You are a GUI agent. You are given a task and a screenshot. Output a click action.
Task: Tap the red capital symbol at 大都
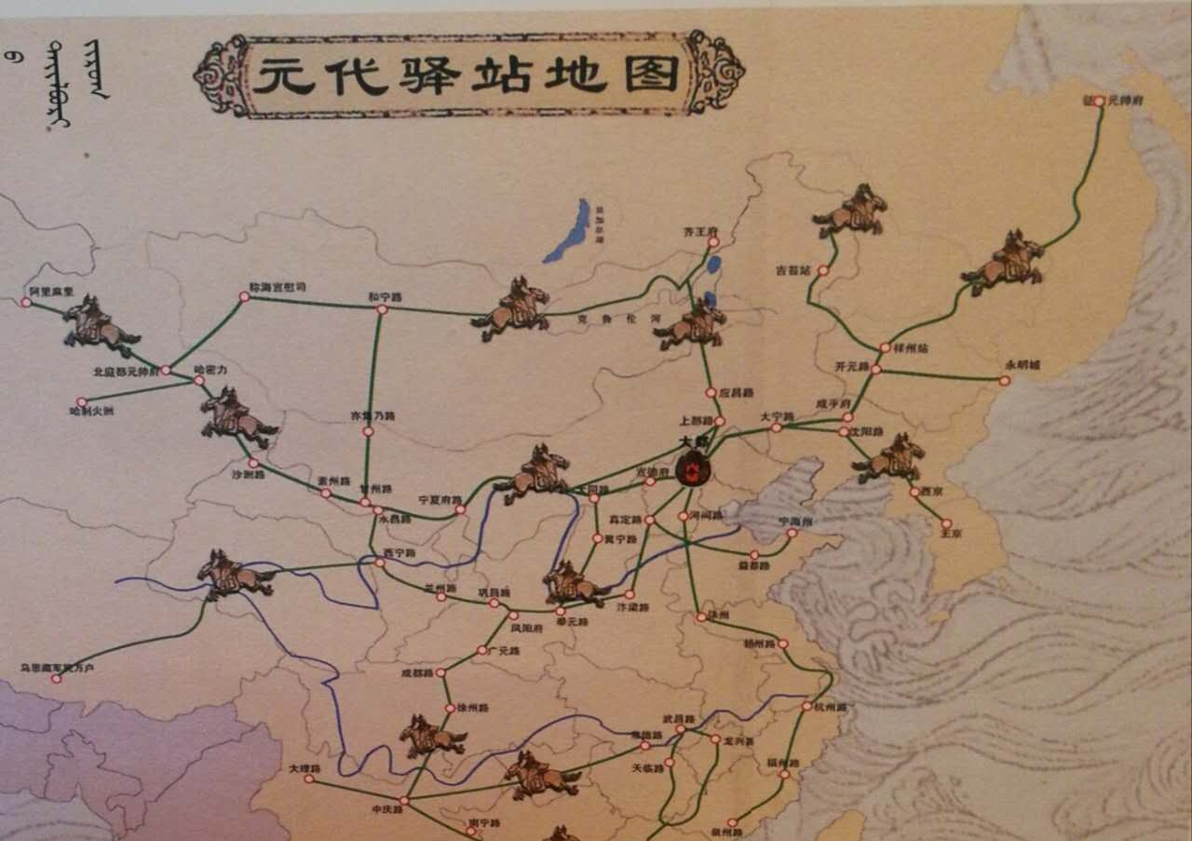click(692, 469)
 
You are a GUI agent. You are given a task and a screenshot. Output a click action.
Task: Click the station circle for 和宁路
click(380, 309)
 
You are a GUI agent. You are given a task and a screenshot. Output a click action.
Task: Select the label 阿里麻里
click(45, 292)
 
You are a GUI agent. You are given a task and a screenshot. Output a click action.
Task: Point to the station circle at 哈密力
click(198, 380)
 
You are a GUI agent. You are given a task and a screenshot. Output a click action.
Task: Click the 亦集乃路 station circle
click(368, 431)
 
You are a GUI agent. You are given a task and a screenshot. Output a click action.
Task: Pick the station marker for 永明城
click(1005, 380)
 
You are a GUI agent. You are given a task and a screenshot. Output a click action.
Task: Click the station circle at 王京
click(947, 523)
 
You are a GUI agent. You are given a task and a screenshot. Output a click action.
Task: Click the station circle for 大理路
click(309, 780)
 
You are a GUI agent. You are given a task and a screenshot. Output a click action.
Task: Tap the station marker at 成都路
click(441, 671)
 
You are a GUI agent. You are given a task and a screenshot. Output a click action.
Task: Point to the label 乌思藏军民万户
click(57, 668)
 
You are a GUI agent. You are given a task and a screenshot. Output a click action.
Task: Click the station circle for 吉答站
click(823, 271)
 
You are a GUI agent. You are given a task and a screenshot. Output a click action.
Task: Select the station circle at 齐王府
click(712, 242)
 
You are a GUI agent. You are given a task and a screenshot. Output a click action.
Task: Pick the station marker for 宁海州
click(792, 534)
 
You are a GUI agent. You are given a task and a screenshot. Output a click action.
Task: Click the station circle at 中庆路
click(404, 800)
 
